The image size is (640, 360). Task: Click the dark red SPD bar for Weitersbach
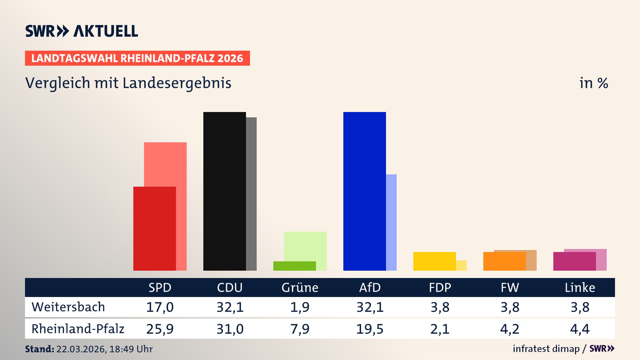pyautogui.click(x=154, y=229)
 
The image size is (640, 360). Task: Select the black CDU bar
pyautogui.click(x=224, y=191)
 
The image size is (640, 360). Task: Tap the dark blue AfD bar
pyautogui.click(x=364, y=191)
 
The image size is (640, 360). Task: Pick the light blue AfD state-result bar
pyautogui.click(x=391, y=222)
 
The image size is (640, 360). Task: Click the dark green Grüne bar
pyautogui.click(x=294, y=266)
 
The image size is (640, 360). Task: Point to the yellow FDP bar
pyautogui.click(x=434, y=261)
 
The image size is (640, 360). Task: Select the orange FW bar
pyautogui.click(x=504, y=261)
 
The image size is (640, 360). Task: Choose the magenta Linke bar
pyautogui.click(x=574, y=261)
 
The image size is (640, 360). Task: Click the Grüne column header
pyautogui.click(x=300, y=288)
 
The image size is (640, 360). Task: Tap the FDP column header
pyautogui.click(x=440, y=288)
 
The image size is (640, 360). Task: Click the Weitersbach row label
pyautogui.click(x=68, y=307)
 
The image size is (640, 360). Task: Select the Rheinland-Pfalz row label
pyautogui.click(x=78, y=329)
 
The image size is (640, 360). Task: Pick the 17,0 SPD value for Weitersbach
pyautogui.click(x=160, y=307)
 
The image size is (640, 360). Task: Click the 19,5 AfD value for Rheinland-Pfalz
pyautogui.click(x=370, y=329)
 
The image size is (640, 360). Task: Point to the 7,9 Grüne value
pyautogui.click(x=300, y=329)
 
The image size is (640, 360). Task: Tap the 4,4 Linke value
pyautogui.click(x=580, y=329)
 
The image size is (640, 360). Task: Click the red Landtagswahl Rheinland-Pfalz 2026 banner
pyautogui.click(x=137, y=58)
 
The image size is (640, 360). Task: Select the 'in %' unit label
pyautogui.click(x=593, y=83)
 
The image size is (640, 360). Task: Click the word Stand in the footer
pyautogui.click(x=39, y=349)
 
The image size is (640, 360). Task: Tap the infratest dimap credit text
pyautogui.click(x=546, y=349)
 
